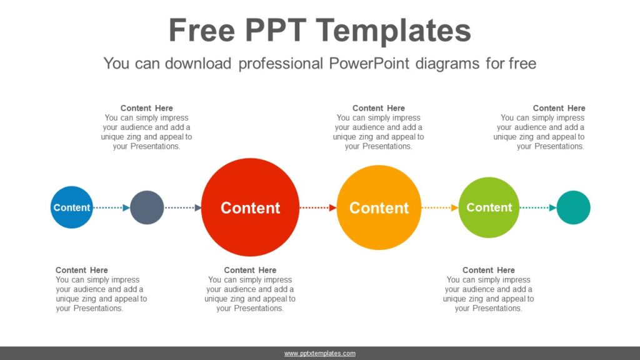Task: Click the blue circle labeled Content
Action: (x=72, y=207)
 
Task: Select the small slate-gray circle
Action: (x=147, y=207)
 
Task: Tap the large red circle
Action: (x=250, y=207)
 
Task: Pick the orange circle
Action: (x=379, y=207)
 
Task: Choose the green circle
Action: (x=489, y=207)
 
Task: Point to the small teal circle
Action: (x=573, y=207)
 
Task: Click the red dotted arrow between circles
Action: (x=318, y=207)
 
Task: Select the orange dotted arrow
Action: (x=440, y=207)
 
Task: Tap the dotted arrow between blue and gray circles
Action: (x=112, y=207)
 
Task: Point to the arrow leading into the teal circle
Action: (x=537, y=207)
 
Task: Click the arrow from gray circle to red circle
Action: (x=182, y=207)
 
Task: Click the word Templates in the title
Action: (x=401, y=31)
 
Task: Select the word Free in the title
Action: (x=201, y=31)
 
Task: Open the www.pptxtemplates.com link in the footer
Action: (x=320, y=354)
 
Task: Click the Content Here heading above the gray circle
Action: (x=147, y=108)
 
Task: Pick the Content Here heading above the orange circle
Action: (x=379, y=108)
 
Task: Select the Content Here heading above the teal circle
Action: (x=559, y=108)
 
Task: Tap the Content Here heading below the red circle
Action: (x=250, y=270)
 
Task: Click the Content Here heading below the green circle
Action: (x=489, y=270)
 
